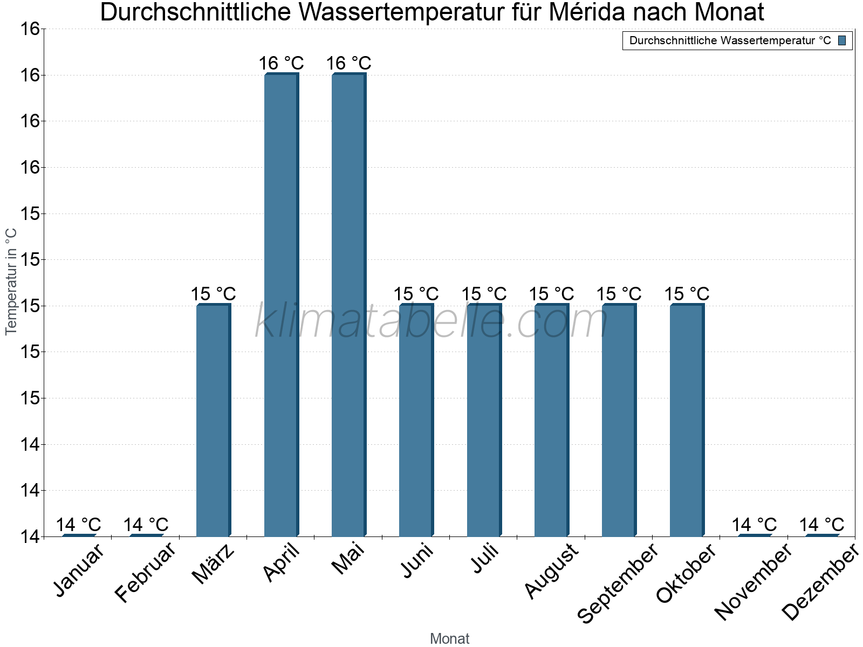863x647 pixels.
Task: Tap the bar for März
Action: tap(213, 420)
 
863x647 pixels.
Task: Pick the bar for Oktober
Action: tap(687, 420)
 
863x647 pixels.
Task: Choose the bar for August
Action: tap(551, 420)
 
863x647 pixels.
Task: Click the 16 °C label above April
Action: tap(281, 63)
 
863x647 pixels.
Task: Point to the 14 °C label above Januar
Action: tap(78, 525)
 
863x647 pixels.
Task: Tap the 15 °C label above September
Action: tap(619, 294)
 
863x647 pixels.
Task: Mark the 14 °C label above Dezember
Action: tap(821, 525)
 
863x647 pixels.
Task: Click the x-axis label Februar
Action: tap(146, 573)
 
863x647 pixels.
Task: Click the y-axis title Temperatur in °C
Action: tap(11, 281)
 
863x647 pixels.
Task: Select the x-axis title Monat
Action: tap(449, 639)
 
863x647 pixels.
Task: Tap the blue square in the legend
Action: tap(842, 40)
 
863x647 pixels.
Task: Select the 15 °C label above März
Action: tap(213, 294)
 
